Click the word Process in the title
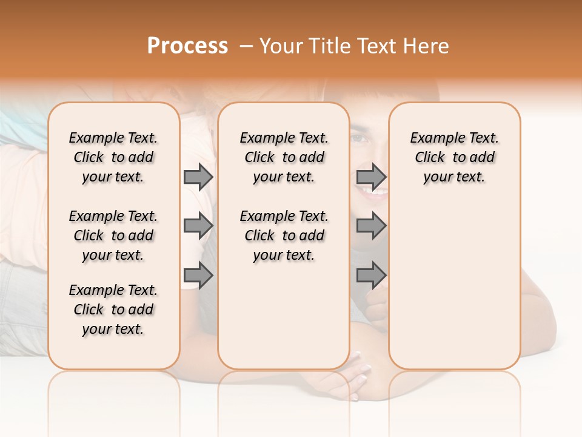coord(187,46)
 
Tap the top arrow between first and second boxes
coord(198,177)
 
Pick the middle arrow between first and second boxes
coord(198,226)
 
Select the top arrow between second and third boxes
coord(371,177)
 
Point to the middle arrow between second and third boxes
coord(371,226)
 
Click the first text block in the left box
coord(113,157)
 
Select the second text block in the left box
coord(113,235)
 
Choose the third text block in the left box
coord(113,310)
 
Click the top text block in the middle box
coord(284,157)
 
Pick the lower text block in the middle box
coord(284,235)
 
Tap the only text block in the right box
coord(454,157)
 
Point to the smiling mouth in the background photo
coord(371,194)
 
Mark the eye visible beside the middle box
coord(361,138)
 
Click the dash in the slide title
coord(245,47)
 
